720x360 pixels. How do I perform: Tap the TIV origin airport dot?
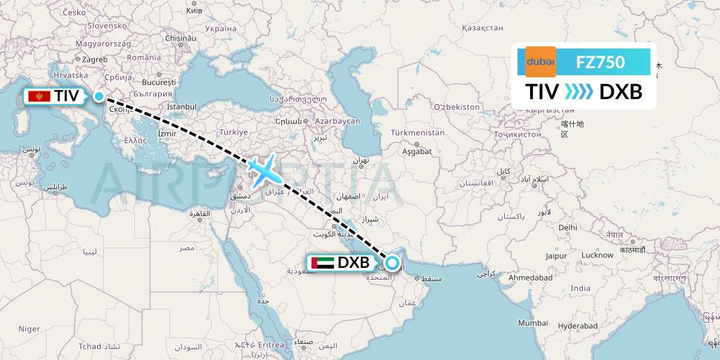tap(99, 97)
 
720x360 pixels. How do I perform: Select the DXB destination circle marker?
tap(392, 264)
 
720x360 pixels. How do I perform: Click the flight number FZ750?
tap(600, 62)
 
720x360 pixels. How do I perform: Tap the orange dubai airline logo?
tap(541, 62)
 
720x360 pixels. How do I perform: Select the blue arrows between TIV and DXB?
tap(579, 92)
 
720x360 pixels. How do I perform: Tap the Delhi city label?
tap(567, 227)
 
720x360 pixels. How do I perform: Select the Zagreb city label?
tap(95, 60)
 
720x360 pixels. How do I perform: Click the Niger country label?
tap(29, 328)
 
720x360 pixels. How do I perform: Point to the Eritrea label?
tap(269, 345)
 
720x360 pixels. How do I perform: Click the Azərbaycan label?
tap(337, 121)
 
